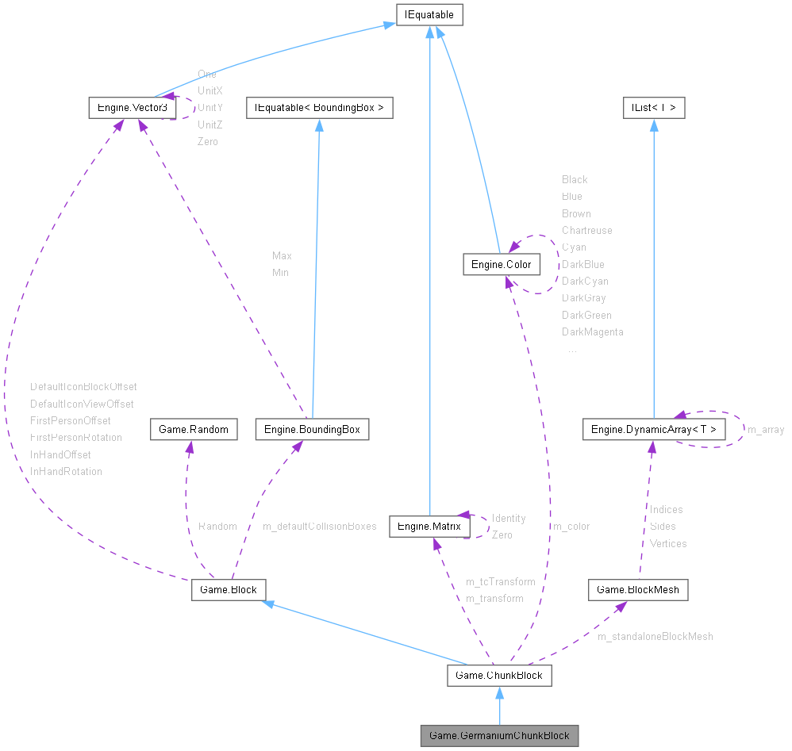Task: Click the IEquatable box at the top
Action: click(429, 14)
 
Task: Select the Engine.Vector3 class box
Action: click(132, 106)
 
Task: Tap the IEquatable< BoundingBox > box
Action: click(319, 106)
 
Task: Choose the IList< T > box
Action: click(653, 106)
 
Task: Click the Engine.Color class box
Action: click(501, 264)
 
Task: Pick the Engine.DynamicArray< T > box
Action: click(653, 429)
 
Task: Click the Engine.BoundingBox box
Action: click(312, 429)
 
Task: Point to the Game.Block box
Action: click(228, 589)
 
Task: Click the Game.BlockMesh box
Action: click(638, 589)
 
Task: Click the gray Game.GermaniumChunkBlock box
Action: click(499, 735)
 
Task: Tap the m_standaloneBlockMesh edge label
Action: click(655, 636)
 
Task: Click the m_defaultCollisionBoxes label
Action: click(319, 527)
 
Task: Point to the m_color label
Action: click(571, 526)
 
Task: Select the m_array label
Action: click(766, 430)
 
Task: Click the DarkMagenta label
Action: click(592, 332)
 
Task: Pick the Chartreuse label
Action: click(586, 230)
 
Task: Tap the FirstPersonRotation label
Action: click(76, 438)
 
